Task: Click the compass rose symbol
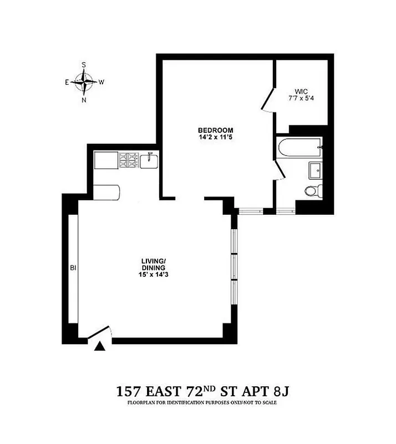point(84,82)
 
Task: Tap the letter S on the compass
point(84,64)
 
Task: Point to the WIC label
point(302,92)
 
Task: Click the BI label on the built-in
point(72,268)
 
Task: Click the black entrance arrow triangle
point(99,347)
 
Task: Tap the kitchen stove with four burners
point(129,161)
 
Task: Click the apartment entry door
point(101,332)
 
